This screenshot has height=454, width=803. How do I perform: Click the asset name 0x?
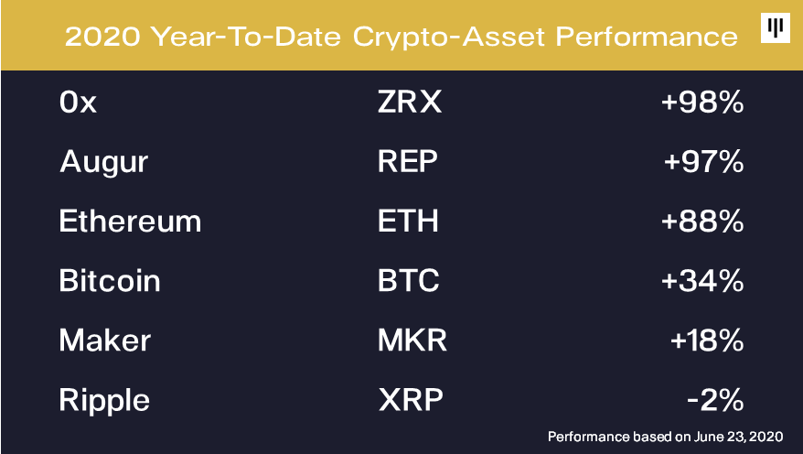[x=78, y=102]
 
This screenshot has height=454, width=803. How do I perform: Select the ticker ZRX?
[x=410, y=102]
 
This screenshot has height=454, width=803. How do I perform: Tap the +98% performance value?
[x=702, y=102]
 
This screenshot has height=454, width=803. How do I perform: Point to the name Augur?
[x=104, y=162]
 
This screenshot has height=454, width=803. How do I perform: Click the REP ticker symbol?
[x=408, y=161]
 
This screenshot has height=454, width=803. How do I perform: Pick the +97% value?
[x=703, y=161]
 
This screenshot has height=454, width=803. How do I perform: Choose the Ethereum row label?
[x=130, y=221]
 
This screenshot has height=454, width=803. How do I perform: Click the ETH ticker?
[x=408, y=221]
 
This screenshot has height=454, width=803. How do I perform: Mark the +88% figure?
[x=702, y=221]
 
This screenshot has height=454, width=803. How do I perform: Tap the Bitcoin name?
[x=110, y=280]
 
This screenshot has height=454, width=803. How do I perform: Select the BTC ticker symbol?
[x=409, y=280]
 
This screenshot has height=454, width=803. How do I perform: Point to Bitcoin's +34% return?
[x=702, y=281]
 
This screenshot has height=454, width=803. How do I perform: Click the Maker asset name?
[x=105, y=340]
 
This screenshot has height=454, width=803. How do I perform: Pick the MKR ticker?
[x=412, y=340]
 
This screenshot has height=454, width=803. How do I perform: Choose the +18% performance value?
[x=707, y=340]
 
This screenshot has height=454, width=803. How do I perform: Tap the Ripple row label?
[x=104, y=400]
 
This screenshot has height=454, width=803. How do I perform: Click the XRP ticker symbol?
[x=411, y=400]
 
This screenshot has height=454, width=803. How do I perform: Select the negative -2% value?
[x=715, y=400]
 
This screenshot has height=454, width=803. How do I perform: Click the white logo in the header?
[x=776, y=27]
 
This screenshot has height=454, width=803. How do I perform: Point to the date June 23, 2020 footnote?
[x=738, y=437]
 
